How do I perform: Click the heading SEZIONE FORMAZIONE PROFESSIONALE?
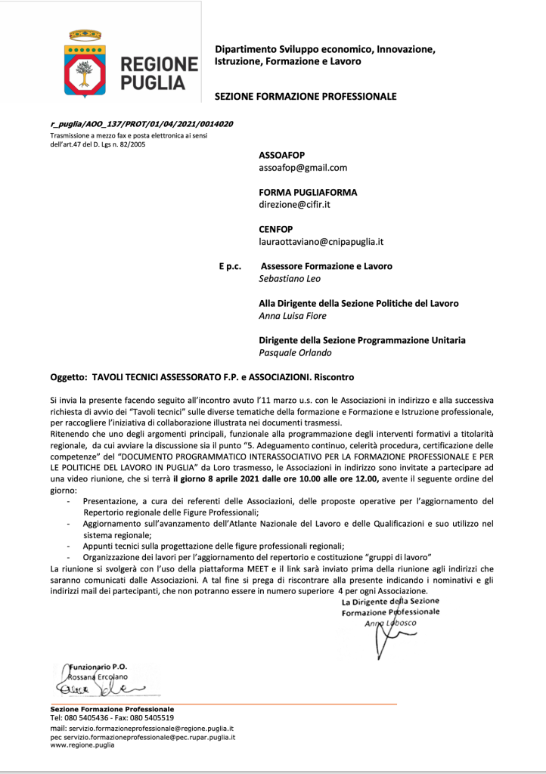[305, 97]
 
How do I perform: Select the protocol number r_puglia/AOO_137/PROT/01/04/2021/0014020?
[141, 123]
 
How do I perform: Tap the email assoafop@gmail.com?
[302, 168]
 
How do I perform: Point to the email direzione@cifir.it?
[294, 205]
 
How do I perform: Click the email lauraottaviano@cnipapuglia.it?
[321, 242]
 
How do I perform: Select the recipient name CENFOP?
[276, 229]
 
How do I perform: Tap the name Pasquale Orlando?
[295, 353]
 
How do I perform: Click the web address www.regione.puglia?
[82, 745]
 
